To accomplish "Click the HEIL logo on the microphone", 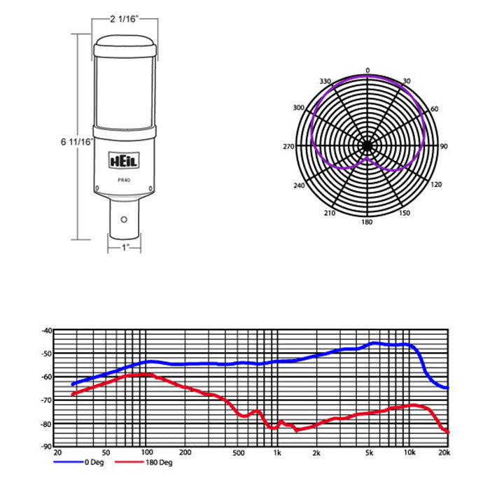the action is click(124, 160).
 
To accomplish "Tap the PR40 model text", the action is click(124, 181).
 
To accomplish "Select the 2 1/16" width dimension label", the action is click(125, 19).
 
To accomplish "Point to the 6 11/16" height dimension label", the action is click(77, 142).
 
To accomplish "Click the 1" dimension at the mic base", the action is click(125, 248).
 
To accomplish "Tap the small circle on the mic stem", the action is click(124, 220).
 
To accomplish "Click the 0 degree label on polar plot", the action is click(367, 71).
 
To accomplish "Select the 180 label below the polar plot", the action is click(367, 222).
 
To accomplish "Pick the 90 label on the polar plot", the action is click(444, 146).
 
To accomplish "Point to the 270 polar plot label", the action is click(288, 146).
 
